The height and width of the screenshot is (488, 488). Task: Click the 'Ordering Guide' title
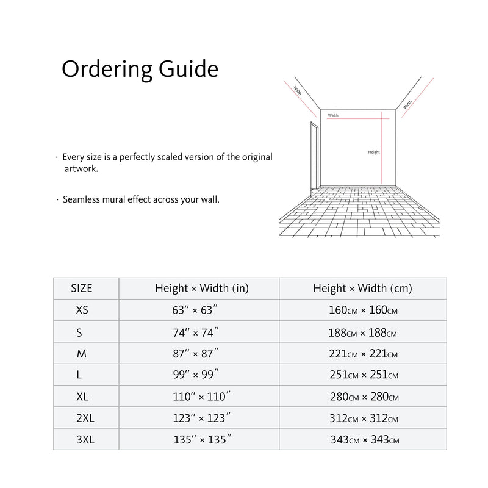point(140,69)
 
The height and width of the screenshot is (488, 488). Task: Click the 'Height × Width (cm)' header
point(362,289)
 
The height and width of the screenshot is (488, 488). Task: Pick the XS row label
point(82,310)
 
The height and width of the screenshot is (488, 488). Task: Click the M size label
point(82,353)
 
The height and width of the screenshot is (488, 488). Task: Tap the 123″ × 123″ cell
point(202,418)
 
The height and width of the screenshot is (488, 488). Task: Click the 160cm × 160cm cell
point(363,310)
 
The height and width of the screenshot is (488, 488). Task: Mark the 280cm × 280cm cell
point(364,397)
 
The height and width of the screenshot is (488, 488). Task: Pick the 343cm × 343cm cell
point(365,440)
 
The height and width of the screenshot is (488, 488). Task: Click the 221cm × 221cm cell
point(363,354)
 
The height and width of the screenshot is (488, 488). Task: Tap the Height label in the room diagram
point(374,152)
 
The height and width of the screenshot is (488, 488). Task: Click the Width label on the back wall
point(333,115)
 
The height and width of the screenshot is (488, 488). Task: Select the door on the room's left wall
point(315,156)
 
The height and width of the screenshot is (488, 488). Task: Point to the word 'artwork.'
point(81,168)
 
